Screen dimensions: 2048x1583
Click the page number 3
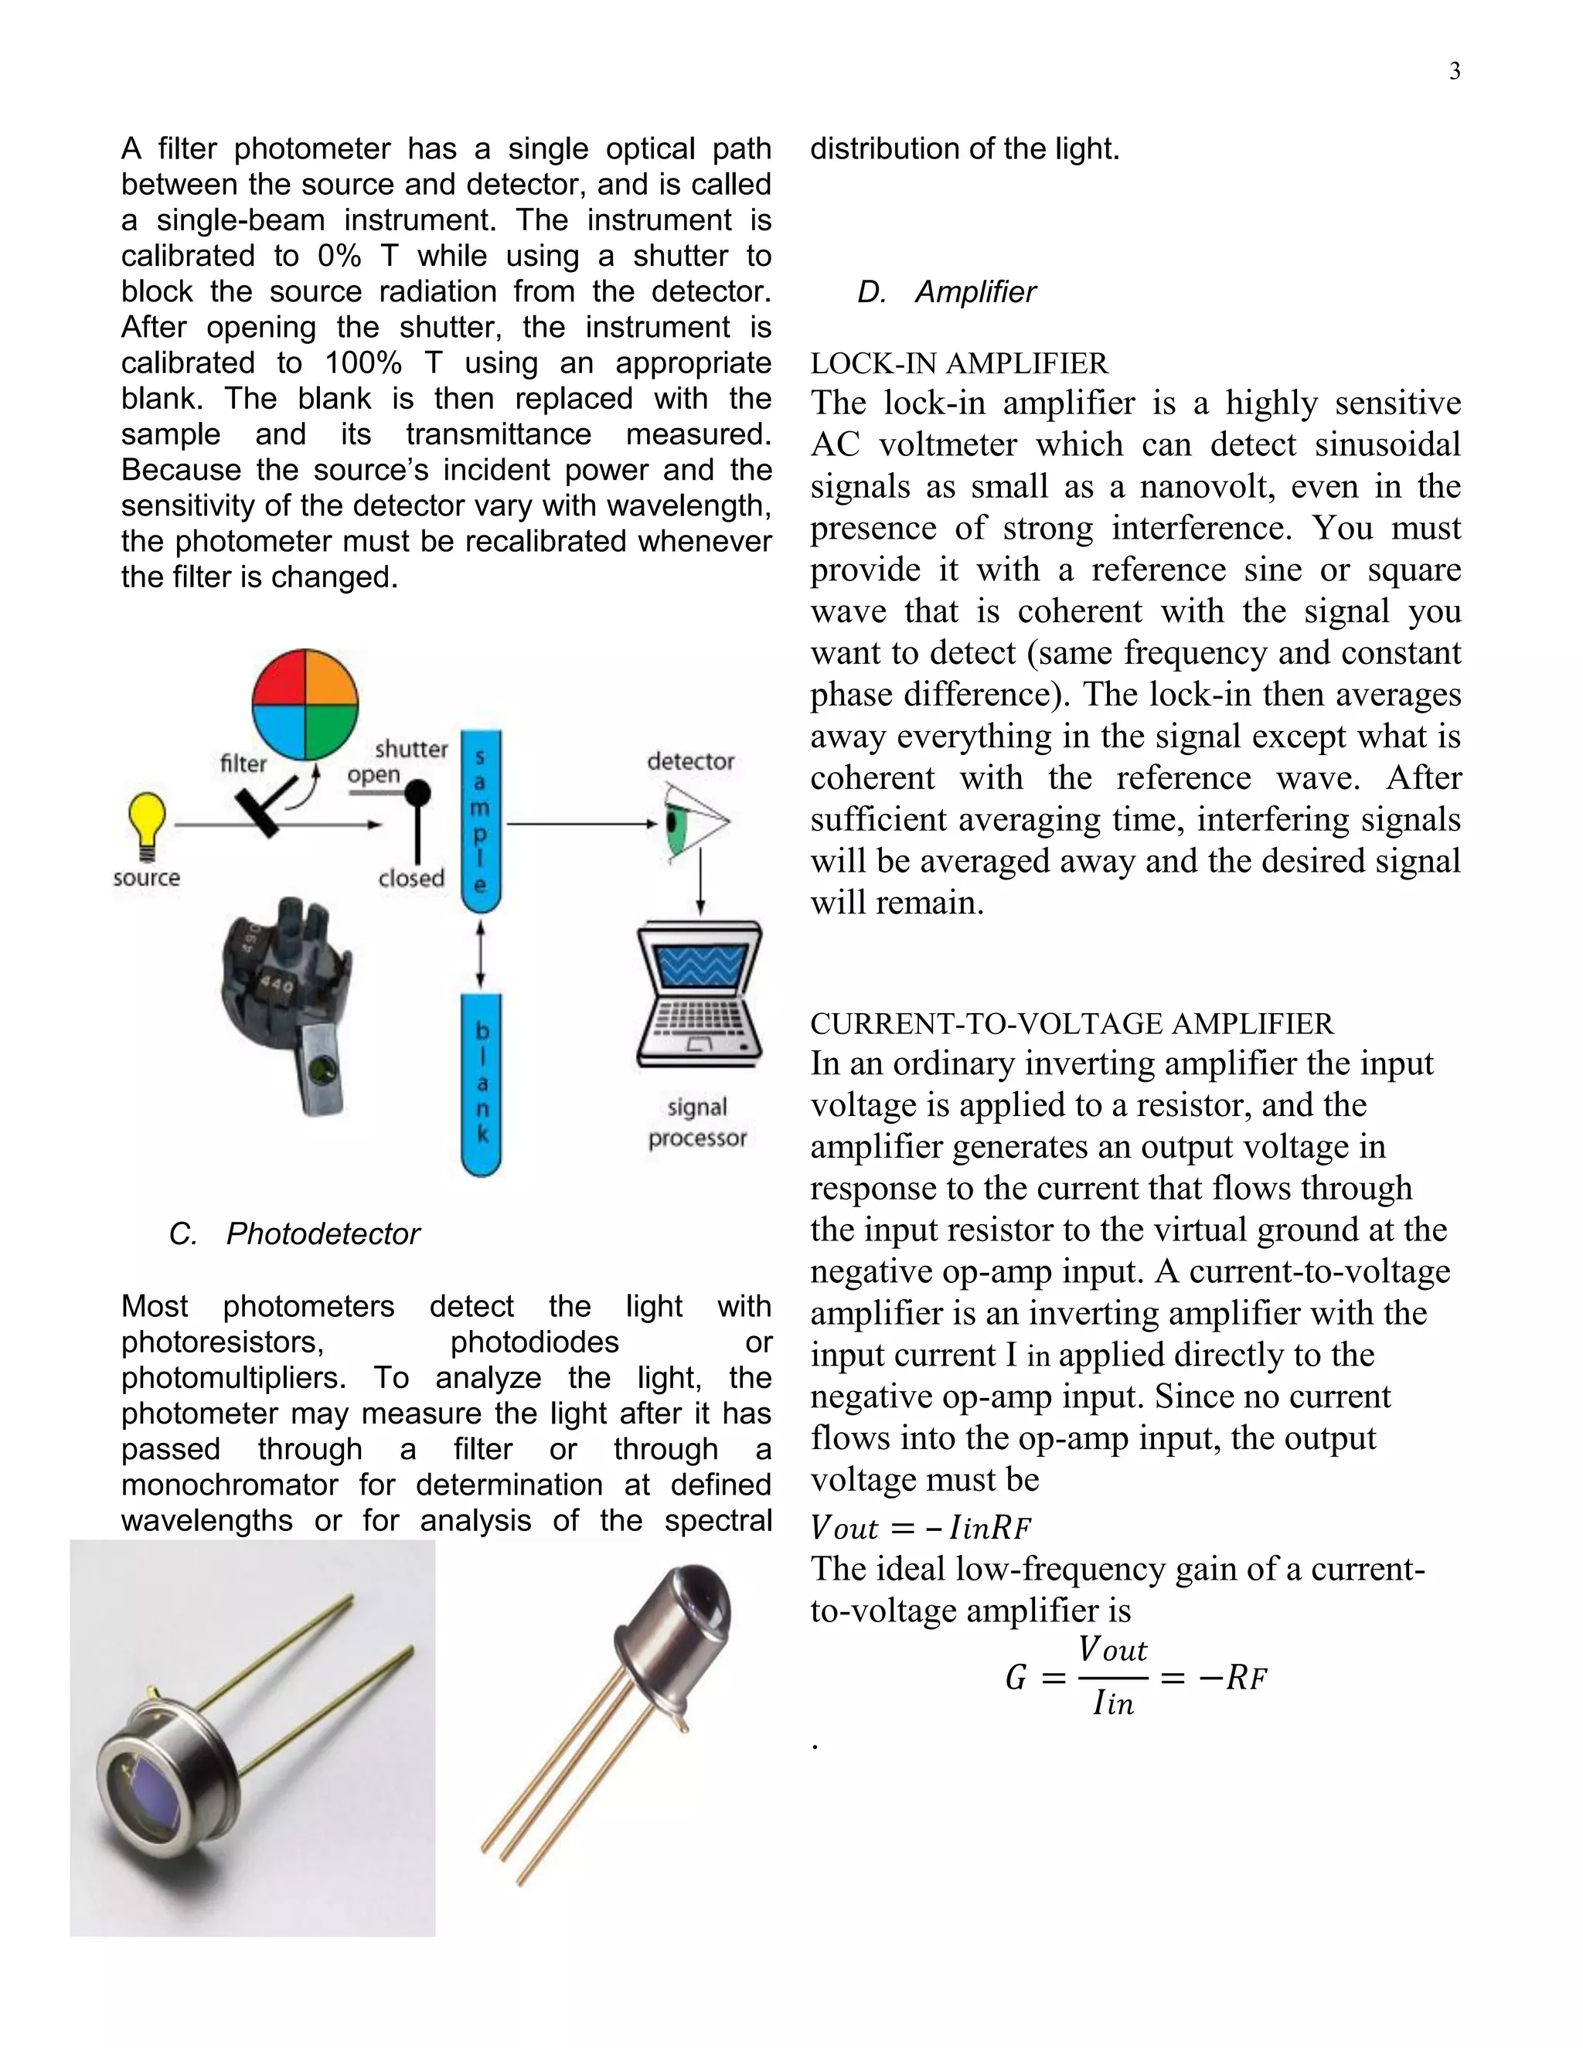click(x=1454, y=71)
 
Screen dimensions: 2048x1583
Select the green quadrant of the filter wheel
click(x=331, y=730)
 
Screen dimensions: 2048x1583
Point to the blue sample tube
click(x=480, y=821)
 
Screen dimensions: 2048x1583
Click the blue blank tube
click(x=481, y=1083)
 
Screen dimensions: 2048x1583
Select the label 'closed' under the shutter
click(x=410, y=879)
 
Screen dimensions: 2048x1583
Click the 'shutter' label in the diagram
click(x=410, y=749)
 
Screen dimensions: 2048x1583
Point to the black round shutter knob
click(x=417, y=794)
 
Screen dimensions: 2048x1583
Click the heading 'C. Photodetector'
click(x=294, y=1234)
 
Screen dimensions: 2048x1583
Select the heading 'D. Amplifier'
click(x=946, y=293)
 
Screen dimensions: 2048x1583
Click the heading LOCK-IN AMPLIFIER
click(x=958, y=364)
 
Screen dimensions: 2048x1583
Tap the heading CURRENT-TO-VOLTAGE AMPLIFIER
click(x=1071, y=1023)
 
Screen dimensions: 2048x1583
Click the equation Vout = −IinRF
click(x=920, y=1529)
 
